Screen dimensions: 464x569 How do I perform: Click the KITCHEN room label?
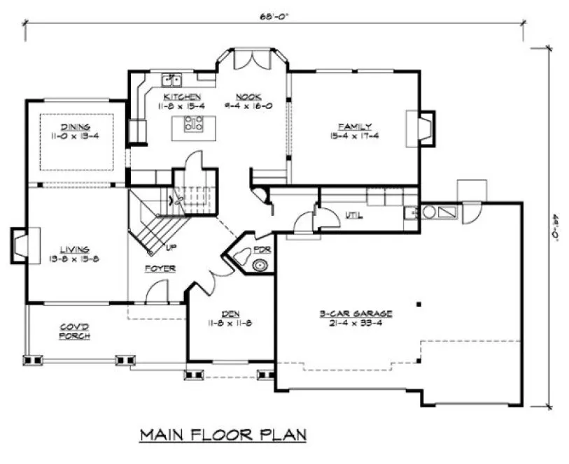tap(182, 96)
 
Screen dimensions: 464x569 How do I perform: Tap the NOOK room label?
tap(248, 96)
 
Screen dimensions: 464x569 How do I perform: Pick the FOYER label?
tap(160, 268)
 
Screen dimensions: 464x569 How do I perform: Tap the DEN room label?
tap(230, 314)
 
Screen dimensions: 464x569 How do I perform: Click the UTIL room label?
tap(353, 215)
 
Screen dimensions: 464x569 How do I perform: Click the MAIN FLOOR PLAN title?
tap(223, 435)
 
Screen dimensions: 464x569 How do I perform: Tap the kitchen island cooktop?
tap(194, 124)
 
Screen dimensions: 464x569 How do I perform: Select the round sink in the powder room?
tap(260, 266)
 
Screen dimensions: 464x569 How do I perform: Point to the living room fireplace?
tap(19, 245)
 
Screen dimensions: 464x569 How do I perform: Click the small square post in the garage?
tap(418, 304)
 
